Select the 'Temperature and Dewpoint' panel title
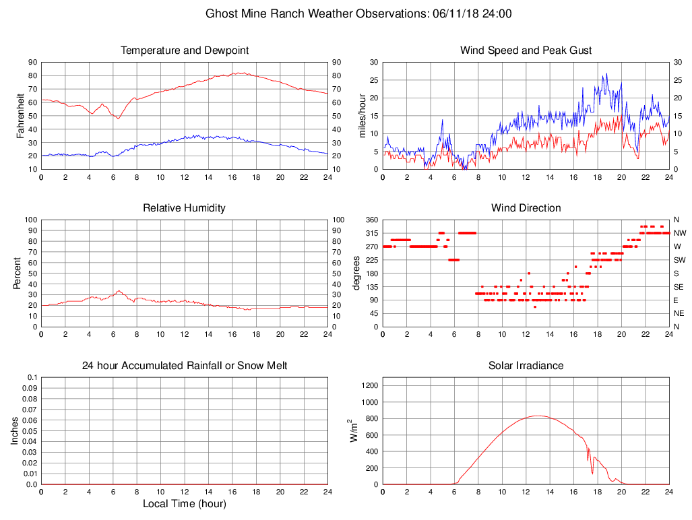coord(185,51)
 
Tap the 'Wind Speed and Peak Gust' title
coord(526,51)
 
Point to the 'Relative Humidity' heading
coord(185,208)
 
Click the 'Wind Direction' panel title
coord(526,208)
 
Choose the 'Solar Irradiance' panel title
coord(526,366)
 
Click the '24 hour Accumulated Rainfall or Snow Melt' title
coord(185,366)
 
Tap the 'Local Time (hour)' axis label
coord(185,504)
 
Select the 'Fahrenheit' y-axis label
coord(21,115)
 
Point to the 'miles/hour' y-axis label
coord(362,115)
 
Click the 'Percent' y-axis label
coord(17,273)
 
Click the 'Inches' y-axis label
coord(15,430)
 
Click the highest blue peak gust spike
coord(606,73)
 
